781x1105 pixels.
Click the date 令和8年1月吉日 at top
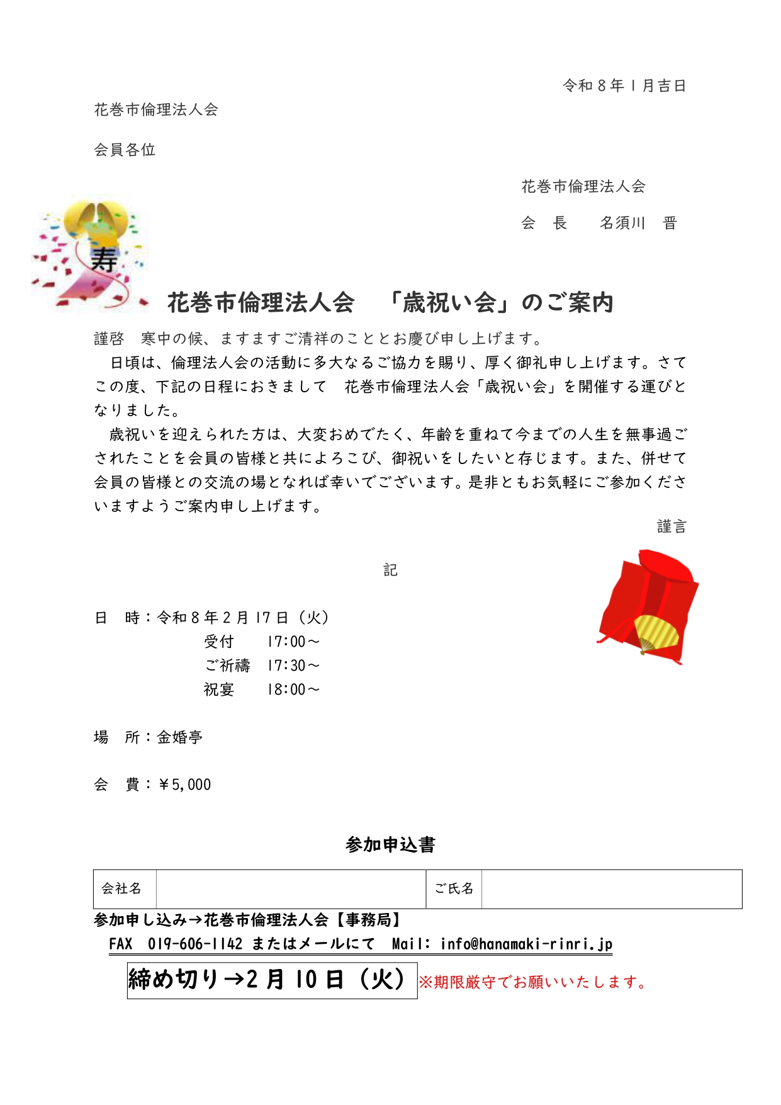tap(624, 86)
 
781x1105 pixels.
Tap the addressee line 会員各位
tap(125, 150)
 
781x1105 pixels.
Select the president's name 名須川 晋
tap(638, 223)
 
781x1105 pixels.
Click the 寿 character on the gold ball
tap(104, 259)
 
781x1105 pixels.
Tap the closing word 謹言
tap(671, 526)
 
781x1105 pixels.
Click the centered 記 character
tap(390, 570)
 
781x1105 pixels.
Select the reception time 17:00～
tap(293, 642)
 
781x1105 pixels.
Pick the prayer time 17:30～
tap(293, 666)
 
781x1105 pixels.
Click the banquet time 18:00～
tap(293, 689)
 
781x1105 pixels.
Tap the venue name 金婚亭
tap(179, 737)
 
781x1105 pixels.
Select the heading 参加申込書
tap(390, 844)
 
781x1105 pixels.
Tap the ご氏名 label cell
tap(454, 888)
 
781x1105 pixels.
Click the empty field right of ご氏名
tap(611, 888)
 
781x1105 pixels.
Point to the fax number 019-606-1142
tap(195, 944)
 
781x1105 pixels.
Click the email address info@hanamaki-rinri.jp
tap(526, 944)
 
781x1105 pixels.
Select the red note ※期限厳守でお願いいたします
tap(533, 982)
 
